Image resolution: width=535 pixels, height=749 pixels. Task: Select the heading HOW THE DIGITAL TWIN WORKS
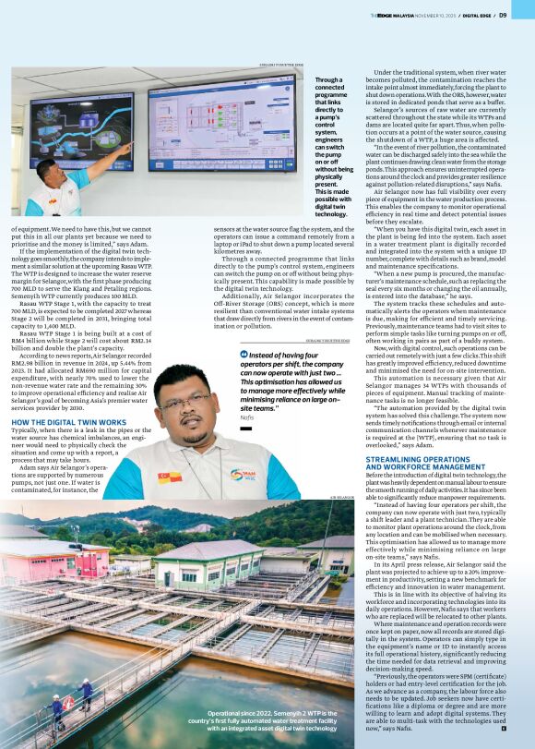click(x=69, y=421)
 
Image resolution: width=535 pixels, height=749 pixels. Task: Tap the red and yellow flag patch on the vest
click(x=168, y=477)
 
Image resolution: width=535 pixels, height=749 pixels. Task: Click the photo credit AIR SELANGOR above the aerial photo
click(x=342, y=497)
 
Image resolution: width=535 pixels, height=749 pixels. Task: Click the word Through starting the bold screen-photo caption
click(x=328, y=80)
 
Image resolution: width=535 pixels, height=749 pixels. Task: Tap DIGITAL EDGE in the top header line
click(x=474, y=15)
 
